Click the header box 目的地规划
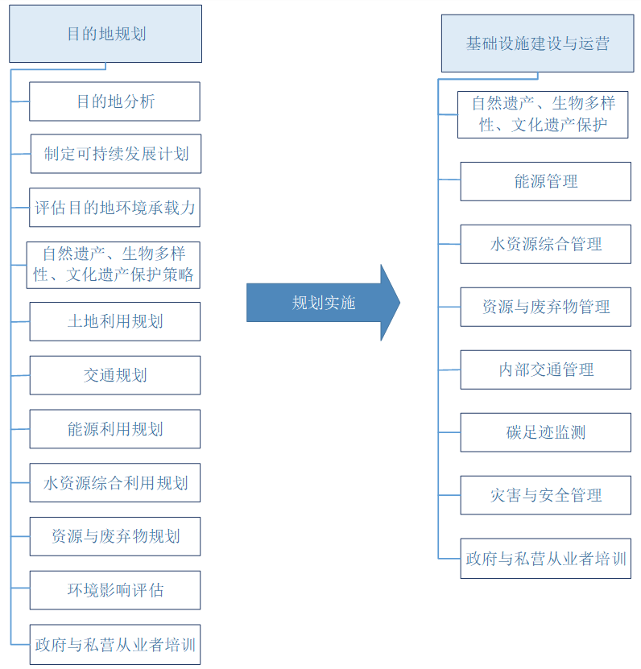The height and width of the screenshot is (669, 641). tap(105, 34)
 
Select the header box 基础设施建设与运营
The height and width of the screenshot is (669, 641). tap(537, 43)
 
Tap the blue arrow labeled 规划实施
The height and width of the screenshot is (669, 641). tap(322, 303)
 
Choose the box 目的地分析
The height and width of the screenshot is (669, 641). tap(115, 101)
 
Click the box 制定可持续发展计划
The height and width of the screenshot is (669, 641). tap(116, 154)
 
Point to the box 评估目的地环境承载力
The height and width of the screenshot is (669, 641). tap(115, 208)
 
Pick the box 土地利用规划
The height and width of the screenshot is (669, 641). tap(115, 321)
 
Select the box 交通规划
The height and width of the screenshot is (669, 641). tap(115, 375)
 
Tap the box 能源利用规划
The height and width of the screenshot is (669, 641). tap(115, 429)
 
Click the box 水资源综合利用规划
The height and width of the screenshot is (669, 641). tap(115, 483)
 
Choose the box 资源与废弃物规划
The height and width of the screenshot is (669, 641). tap(115, 536)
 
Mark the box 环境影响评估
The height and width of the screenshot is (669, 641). tap(115, 590)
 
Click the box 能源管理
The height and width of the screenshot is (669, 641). tap(545, 181)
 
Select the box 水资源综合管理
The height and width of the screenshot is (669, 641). tap(545, 244)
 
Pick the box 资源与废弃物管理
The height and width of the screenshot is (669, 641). tap(545, 307)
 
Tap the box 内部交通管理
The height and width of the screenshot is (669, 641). tap(545, 370)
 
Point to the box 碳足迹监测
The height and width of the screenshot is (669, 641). tap(545, 432)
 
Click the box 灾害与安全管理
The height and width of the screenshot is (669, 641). tap(545, 495)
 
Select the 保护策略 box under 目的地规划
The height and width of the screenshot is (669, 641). tap(113, 265)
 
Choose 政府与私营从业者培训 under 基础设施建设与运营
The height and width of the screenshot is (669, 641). tap(545, 558)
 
